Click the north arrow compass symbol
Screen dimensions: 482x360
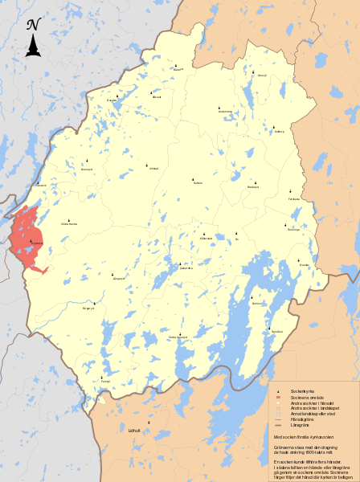(x=33, y=38)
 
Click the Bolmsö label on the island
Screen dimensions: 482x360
(x=257, y=304)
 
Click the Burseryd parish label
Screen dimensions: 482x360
(x=88, y=170)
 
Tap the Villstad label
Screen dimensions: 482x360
(x=154, y=169)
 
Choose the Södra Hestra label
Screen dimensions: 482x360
(x=69, y=224)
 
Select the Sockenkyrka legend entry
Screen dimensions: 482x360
(x=301, y=391)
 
